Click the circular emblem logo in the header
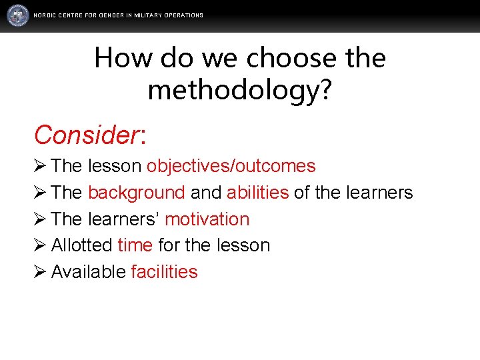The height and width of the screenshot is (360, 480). tap(18, 15)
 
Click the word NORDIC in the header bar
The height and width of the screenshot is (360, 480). tap(45, 15)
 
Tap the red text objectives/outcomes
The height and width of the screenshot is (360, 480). tap(231, 166)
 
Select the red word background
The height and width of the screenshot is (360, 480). tap(136, 193)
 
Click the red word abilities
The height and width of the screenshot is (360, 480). tap(257, 193)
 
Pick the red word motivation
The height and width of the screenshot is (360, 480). tap(207, 219)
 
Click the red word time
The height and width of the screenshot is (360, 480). tap(135, 245)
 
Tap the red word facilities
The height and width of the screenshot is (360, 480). tap(164, 272)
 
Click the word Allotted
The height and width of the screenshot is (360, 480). tap(81, 245)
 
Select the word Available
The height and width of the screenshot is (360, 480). tap(88, 272)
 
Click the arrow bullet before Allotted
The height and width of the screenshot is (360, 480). tap(40, 245)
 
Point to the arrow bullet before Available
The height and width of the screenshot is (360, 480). tap(40, 272)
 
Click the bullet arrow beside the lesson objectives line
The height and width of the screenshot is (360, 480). tap(40, 166)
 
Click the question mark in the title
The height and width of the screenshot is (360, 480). tap(324, 89)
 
